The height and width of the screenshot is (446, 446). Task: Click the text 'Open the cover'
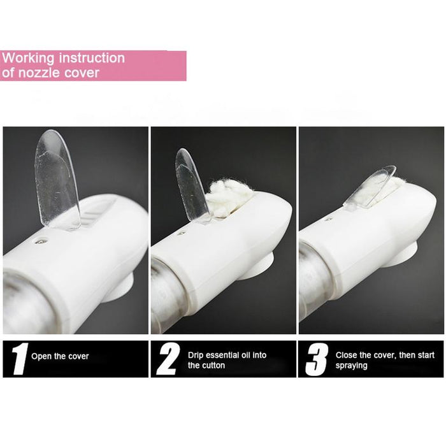point(60,356)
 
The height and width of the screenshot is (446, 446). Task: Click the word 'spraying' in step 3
point(352,366)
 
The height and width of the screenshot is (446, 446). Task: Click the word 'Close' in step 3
point(347,355)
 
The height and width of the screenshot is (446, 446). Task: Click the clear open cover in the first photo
point(57,178)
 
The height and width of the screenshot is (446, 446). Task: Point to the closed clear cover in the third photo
point(370,188)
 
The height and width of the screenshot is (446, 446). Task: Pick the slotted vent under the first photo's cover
point(96,210)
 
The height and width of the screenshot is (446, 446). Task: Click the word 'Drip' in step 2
point(196,355)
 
